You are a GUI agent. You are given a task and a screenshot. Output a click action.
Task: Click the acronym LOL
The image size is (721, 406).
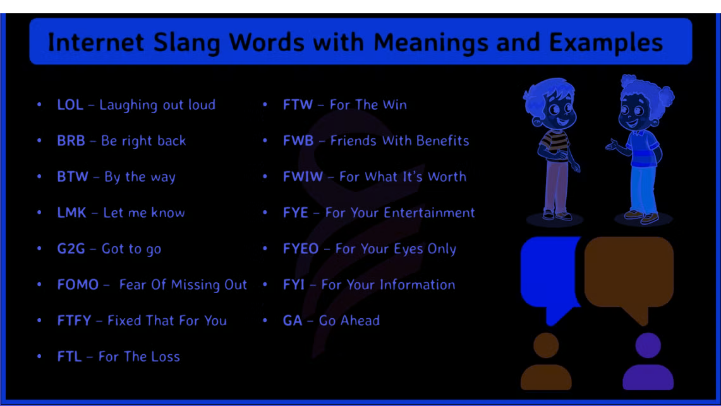[70, 105]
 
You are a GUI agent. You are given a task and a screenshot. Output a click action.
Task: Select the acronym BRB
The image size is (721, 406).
[71, 141]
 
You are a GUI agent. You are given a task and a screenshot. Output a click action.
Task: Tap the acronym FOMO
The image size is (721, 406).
[78, 285]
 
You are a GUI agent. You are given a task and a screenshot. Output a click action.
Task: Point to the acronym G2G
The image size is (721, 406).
[71, 249]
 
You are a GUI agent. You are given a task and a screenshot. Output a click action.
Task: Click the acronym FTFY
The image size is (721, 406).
[74, 321]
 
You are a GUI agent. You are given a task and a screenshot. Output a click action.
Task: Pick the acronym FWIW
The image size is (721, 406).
[303, 177]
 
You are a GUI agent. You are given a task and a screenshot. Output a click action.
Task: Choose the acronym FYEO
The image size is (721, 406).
[301, 249]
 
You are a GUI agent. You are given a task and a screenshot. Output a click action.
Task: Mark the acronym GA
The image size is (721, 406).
[293, 321]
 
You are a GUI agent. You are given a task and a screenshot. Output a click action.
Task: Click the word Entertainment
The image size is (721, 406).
[429, 213]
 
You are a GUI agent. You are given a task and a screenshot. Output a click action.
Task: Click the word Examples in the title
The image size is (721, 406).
[605, 43]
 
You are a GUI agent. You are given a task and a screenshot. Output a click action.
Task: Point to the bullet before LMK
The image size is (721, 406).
[40, 213]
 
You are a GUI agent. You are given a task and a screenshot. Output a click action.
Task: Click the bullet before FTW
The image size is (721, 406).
[265, 105]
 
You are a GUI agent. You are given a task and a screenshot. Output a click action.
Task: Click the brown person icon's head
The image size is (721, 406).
[546, 345]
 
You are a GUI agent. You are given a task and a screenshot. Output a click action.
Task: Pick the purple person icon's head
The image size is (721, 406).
[648, 345]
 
